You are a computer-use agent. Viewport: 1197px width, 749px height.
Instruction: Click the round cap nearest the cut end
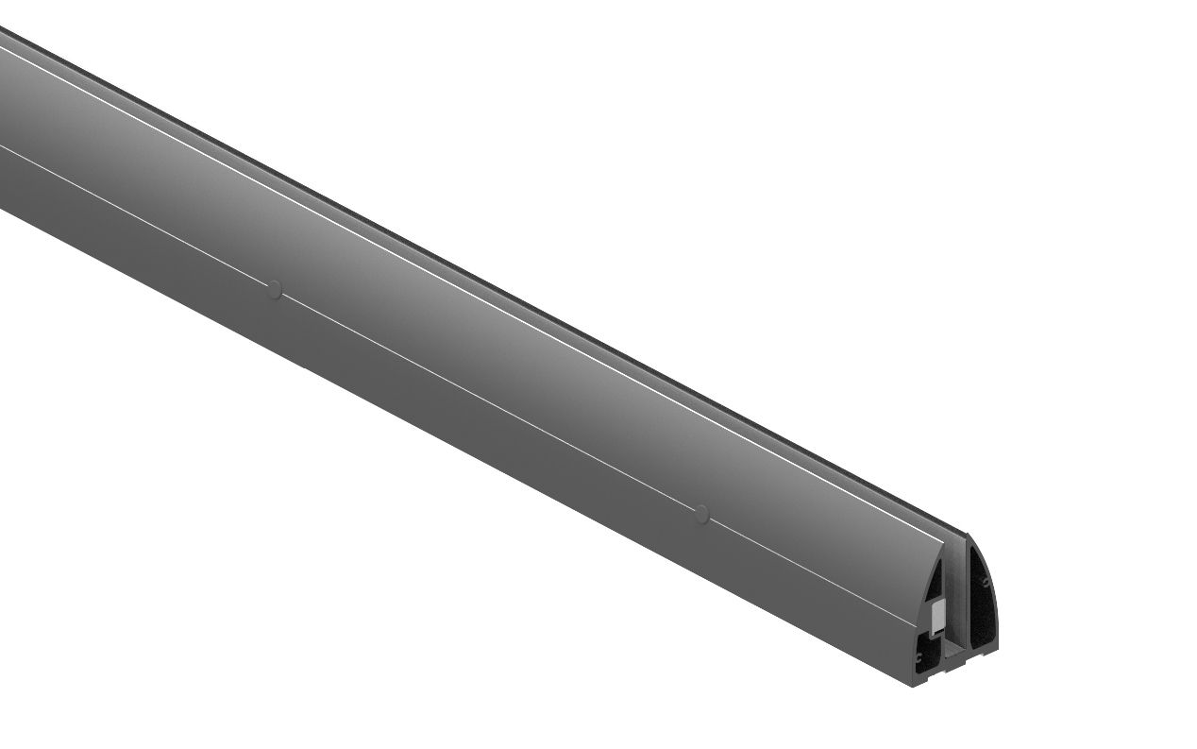tap(700, 513)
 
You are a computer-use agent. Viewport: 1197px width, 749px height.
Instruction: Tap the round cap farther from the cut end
tap(274, 289)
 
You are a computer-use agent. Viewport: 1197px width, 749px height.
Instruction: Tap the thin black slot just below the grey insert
tap(939, 635)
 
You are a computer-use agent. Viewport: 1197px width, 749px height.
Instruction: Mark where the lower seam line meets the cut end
tap(918, 626)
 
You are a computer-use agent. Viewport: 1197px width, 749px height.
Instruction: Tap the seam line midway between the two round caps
tap(487, 401)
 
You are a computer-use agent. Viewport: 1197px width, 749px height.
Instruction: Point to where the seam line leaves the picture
tap(2, 146)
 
